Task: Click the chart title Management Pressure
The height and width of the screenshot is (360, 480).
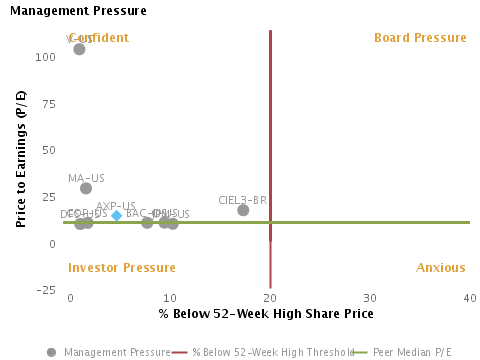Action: click(x=78, y=11)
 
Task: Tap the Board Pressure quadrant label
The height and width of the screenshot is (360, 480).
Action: click(x=420, y=38)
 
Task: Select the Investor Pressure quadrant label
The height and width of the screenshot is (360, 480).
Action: click(x=121, y=268)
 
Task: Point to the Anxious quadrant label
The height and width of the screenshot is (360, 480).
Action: click(x=441, y=268)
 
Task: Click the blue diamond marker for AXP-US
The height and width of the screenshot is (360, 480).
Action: click(x=117, y=216)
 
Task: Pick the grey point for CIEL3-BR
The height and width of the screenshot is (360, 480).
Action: click(x=243, y=210)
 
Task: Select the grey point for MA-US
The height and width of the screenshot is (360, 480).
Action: click(x=86, y=188)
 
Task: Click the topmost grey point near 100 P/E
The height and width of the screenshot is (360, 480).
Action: click(x=80, y=49)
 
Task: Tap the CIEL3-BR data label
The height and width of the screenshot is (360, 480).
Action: click(x=242, y=200)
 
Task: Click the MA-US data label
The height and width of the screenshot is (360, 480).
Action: click(x=86, y=178)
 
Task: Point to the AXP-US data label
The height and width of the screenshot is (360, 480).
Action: click(x=116, y=206)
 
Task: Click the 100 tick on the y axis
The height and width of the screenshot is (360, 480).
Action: click(x=46, y=57)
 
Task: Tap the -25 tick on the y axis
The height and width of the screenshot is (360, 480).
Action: click(x=46, y=291)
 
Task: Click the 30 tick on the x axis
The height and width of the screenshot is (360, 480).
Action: click(x=370, y=299)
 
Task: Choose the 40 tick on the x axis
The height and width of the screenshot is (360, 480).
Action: click(x=470, y=299)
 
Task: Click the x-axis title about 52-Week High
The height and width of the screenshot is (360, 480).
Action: click(x=266, y=314)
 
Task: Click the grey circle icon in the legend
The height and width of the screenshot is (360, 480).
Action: click(x=52, y=352)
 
